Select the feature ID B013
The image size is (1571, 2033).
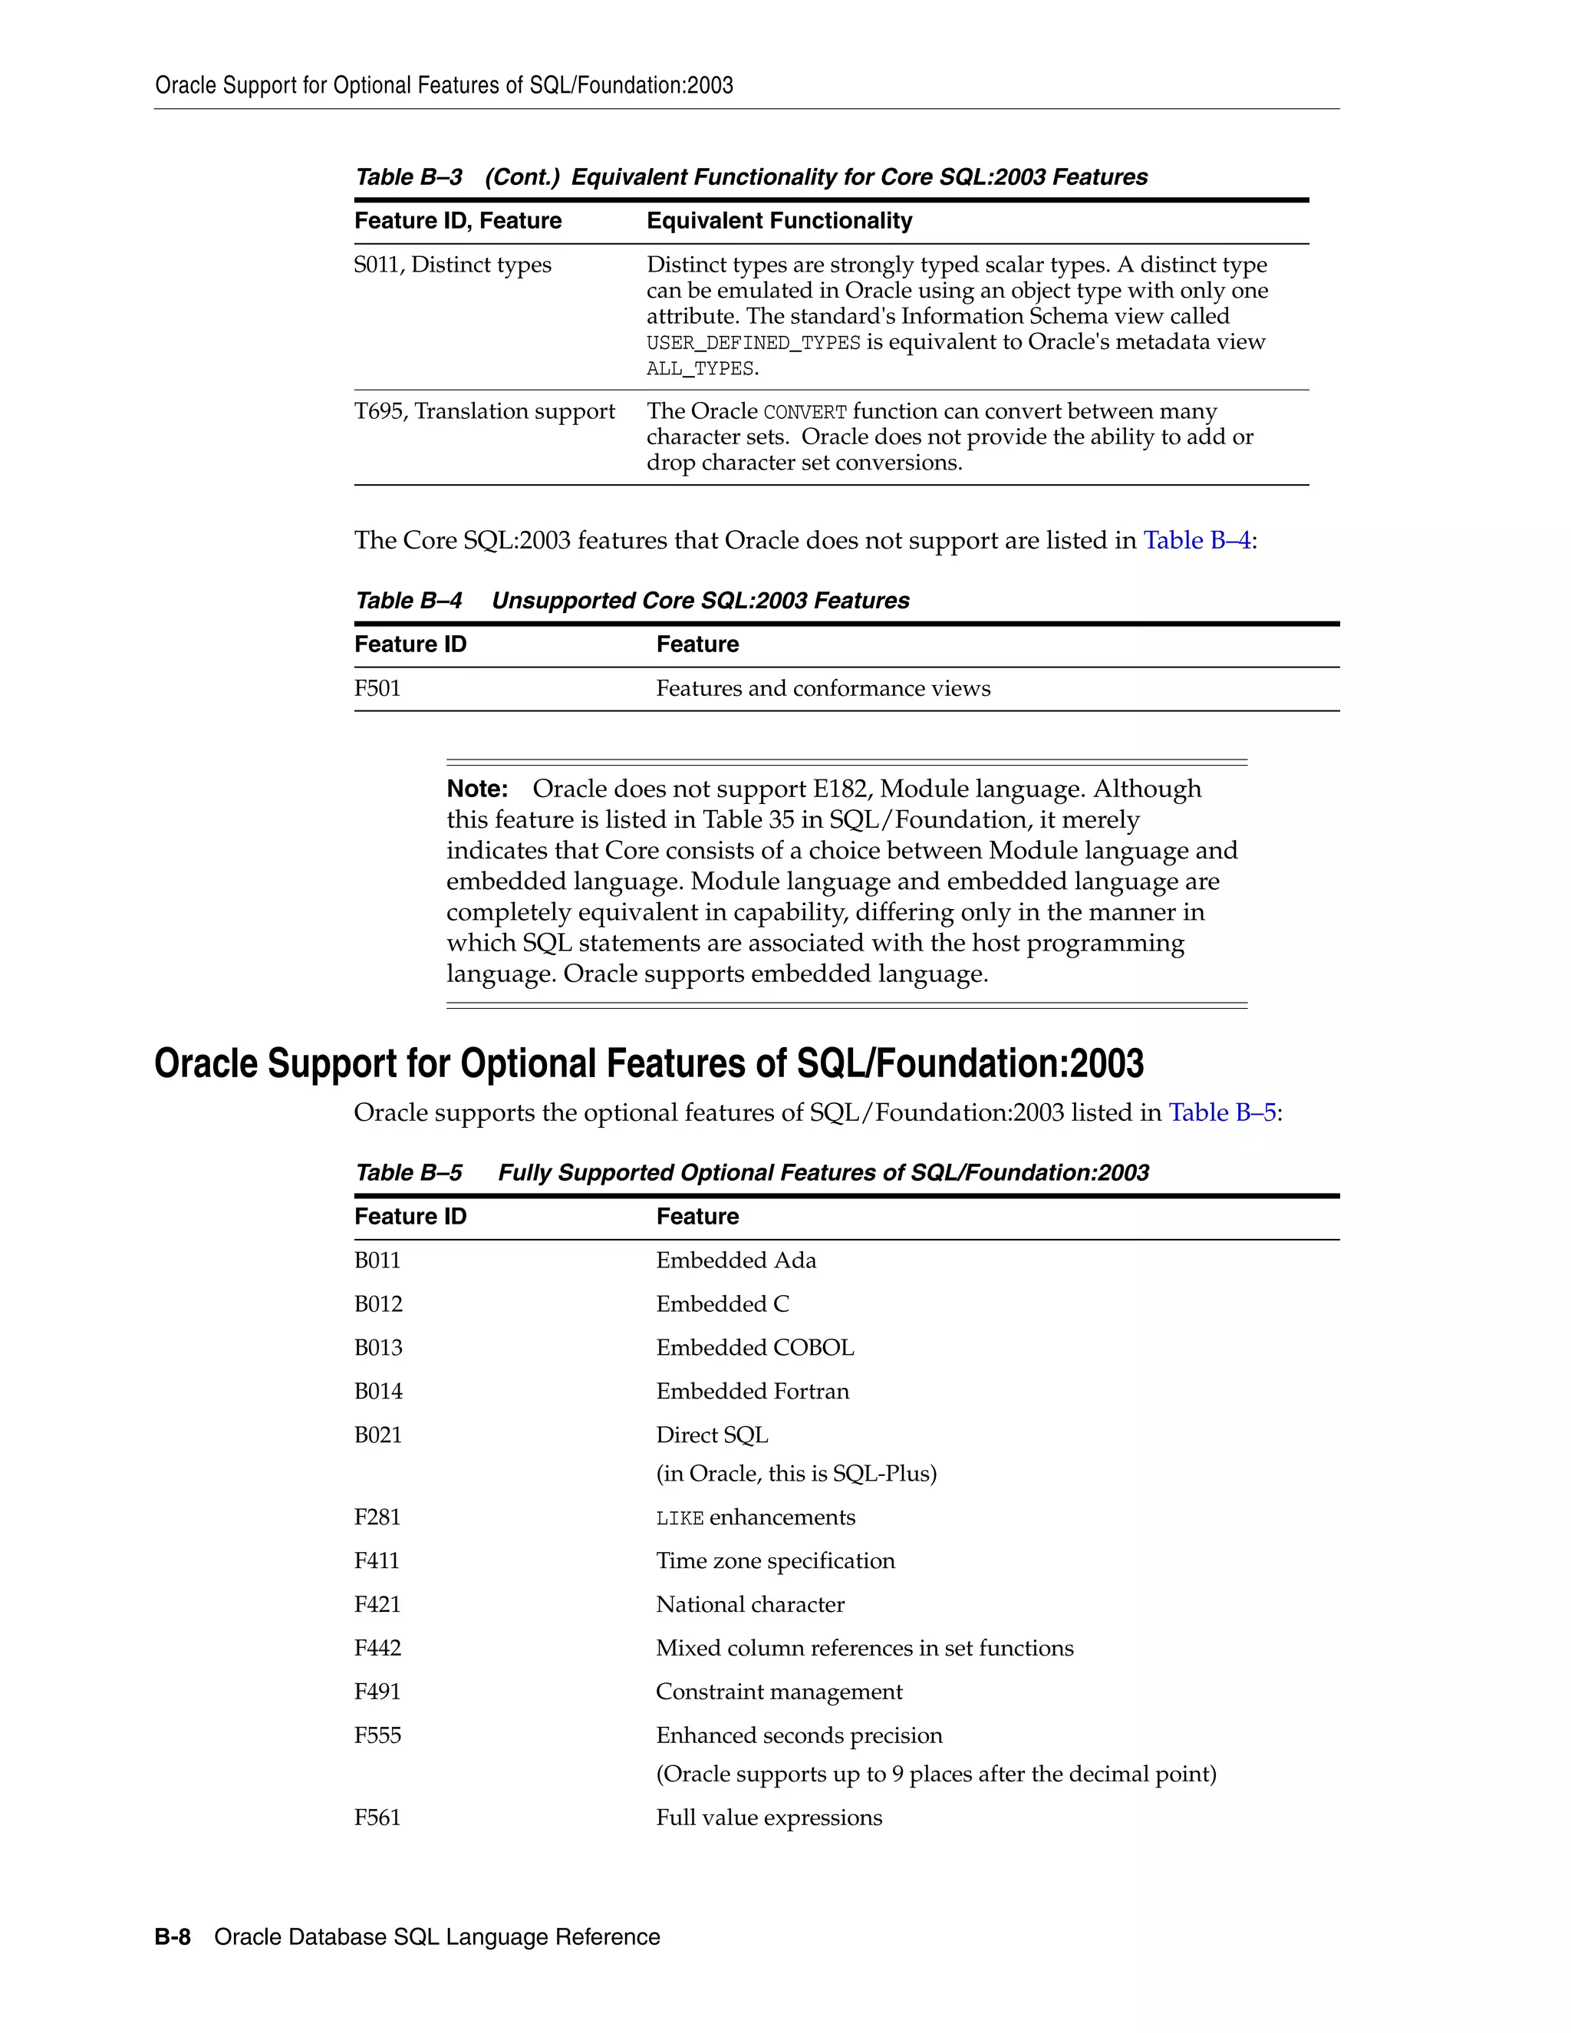(x=379, y=1348)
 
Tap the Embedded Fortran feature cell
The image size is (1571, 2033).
(x=752, y=1392)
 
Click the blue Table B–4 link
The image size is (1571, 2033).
(x=1196, y=541)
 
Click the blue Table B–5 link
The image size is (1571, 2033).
(x=1222, y=1113)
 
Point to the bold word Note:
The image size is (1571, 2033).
(x=476, y=789)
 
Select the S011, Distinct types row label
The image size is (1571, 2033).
(x=453, y=265)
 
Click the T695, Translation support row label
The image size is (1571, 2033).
(x=484, y=411)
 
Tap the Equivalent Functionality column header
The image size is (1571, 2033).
(x=779, y=221)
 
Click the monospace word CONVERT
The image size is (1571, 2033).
(x=805, y=413)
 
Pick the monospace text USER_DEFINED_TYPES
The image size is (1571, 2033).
(x=753, y=344)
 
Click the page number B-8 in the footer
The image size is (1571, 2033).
(x=172, y=1937)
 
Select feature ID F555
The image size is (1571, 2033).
(x=378, y=1736)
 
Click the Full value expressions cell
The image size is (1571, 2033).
(x=769, y=1818)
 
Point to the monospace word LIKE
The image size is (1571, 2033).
(x=680, y=1518)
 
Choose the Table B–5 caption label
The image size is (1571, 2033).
(x=409, y=1173)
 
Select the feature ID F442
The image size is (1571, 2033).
(x=378, y=1649)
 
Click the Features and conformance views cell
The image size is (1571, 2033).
(x=823, y=689)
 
